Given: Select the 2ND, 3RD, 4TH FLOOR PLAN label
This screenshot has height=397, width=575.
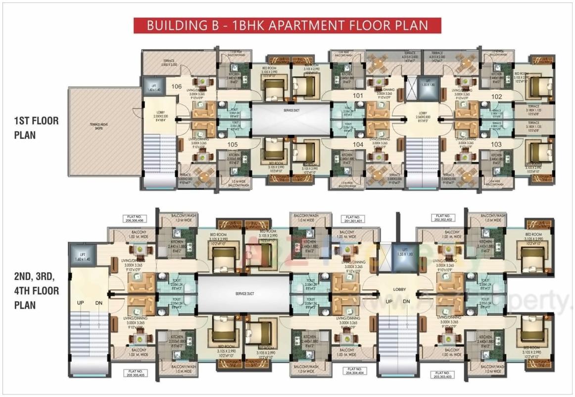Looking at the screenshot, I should point(37,290).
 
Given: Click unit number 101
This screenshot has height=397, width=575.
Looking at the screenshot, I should point(358,96).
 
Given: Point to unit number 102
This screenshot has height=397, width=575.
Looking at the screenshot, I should point(496,97).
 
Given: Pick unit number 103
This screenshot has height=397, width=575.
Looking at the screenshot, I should point(496,144).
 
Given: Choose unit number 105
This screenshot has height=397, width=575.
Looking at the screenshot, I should point(233,145).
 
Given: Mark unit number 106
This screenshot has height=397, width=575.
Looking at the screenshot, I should point(177,86).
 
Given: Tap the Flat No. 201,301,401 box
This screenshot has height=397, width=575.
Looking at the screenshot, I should point(352,219).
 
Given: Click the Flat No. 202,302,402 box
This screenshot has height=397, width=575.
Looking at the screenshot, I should point(443,219).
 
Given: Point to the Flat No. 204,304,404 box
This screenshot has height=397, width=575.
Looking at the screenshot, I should point(352,372).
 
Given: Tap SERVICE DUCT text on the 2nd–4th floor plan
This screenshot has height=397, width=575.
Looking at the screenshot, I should point(244,294).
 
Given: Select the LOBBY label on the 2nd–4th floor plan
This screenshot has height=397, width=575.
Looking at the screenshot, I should point(399,289).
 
